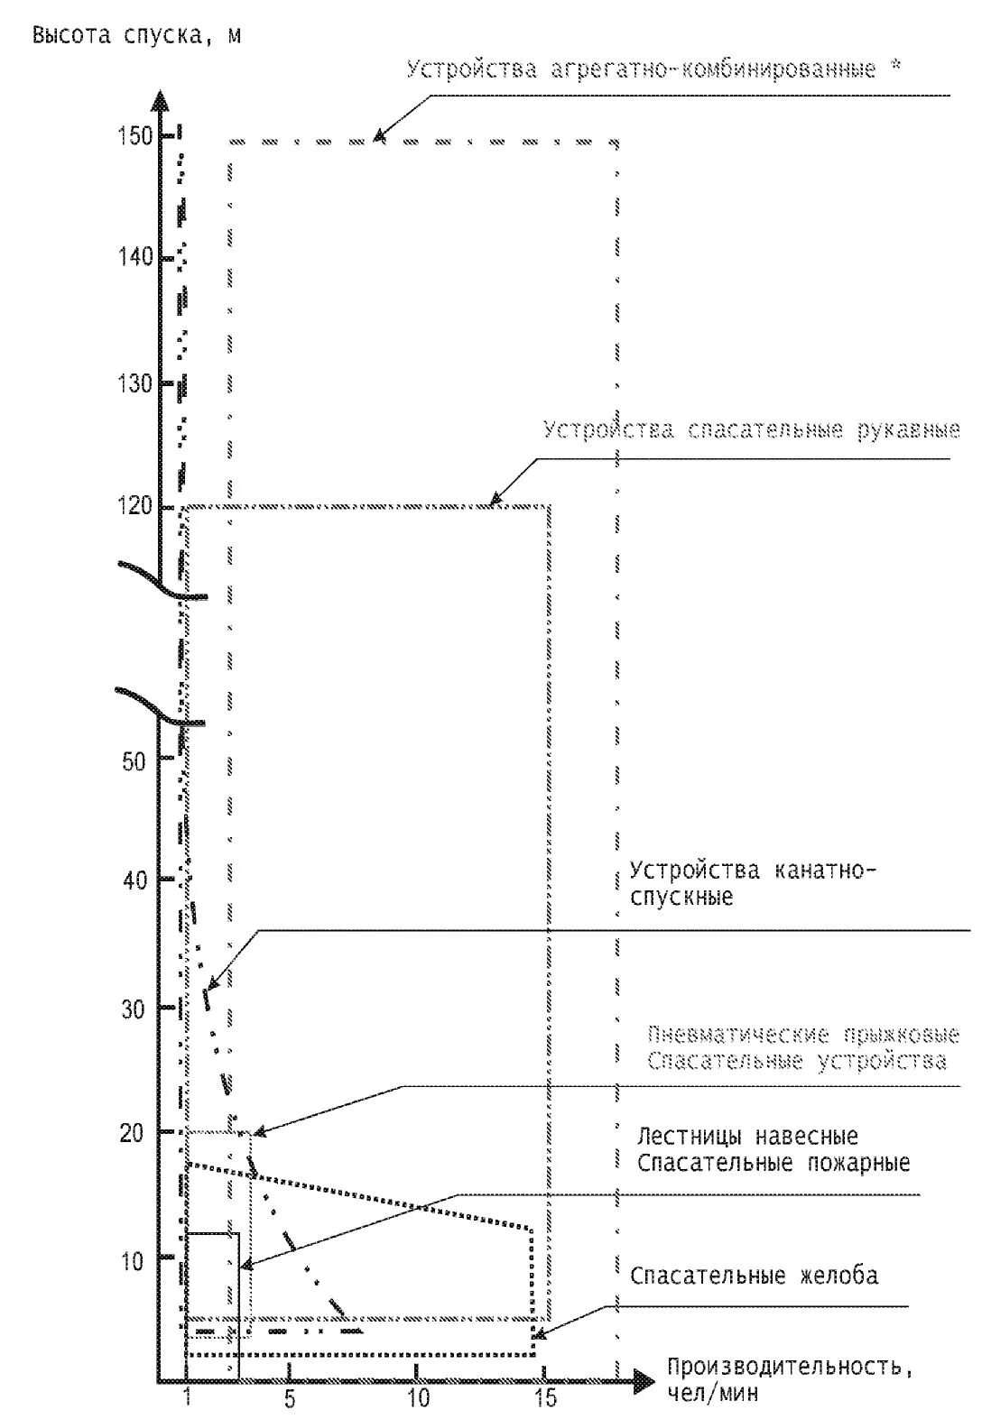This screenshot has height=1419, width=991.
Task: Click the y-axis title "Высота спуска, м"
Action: (x=137, y=36)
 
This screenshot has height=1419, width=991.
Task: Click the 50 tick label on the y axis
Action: (x=134, y=760)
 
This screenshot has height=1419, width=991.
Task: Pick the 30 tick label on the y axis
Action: (x=134, y=1009)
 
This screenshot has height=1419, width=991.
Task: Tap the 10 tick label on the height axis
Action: (x=133, y=1260)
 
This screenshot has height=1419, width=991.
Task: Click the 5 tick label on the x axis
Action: (x=290, y=1399)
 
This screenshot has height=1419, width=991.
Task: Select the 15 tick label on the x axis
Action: (x=545, y=1399)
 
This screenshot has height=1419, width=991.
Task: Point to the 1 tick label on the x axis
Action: (x=188, y=1399)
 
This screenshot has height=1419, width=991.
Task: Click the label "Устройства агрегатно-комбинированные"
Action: (x=641, y=69)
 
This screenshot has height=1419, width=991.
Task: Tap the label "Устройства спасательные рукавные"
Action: (x=751, y=429)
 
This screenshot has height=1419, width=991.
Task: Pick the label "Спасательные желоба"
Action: (x=754, y=1276)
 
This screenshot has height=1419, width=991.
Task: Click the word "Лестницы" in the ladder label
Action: (x=687, y=1136)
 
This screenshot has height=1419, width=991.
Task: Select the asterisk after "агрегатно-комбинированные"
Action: (x=895, y=67)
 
